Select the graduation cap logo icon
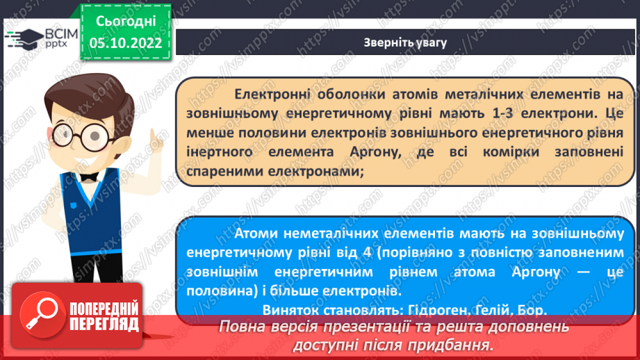(26, 37)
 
